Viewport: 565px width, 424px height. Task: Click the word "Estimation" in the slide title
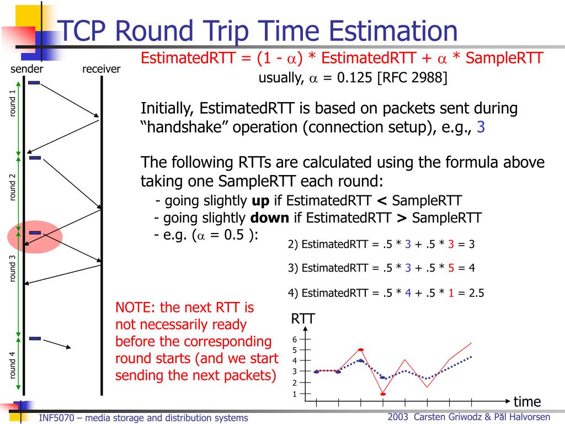[x=384, y=31]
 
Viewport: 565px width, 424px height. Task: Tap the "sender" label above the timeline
[x=27, y=69]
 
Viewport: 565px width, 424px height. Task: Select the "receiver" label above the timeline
[x=101, y=69]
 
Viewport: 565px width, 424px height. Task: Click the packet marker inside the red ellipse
[x=35, y=233]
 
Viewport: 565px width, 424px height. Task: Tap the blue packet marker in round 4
[x=35, y=338]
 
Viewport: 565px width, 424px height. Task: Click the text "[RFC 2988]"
[x=412, y=78]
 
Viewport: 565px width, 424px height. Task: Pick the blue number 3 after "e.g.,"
[x=481, y=128]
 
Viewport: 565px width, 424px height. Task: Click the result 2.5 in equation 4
[x=476, y=294]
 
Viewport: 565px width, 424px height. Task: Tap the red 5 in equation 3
[x=451, y=268]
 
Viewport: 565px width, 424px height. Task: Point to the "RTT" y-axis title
[x=303, y=320]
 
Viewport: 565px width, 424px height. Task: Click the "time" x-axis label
[x=527, y=401]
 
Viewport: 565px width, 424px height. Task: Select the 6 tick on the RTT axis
[x=295, y=340]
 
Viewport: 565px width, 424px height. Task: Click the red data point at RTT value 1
[x=382, y=394]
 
